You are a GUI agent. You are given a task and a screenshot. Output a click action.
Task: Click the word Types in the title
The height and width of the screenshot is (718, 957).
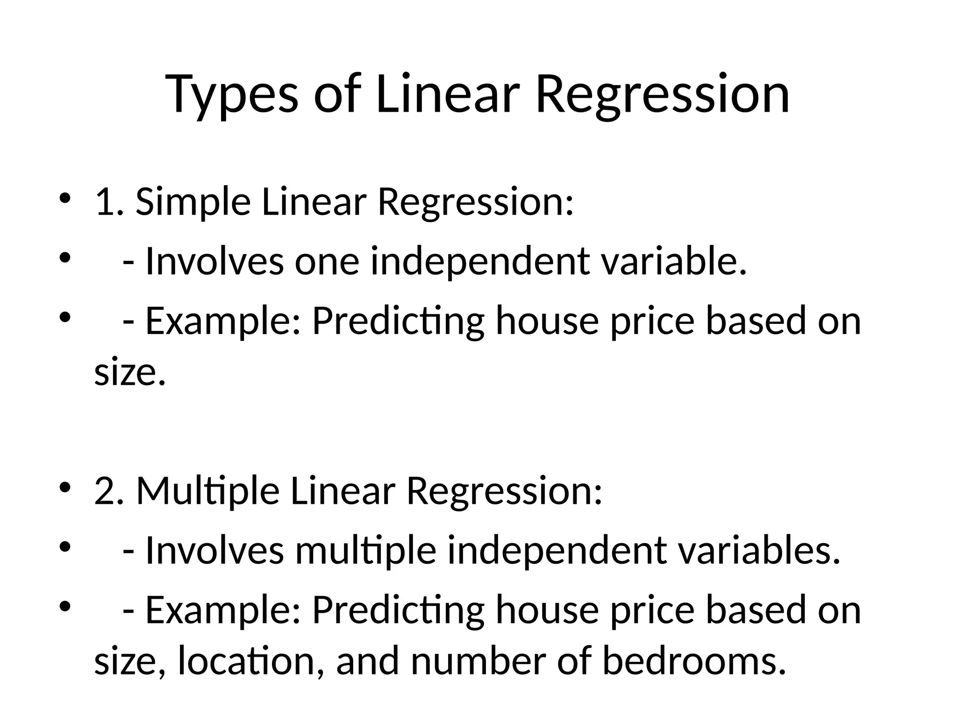click(x=232, y=95)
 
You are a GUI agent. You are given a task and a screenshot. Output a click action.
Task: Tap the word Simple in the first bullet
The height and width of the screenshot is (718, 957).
click(x=193, y=202)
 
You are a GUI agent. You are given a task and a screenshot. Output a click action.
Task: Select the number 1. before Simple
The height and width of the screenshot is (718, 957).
click(x=109, y=202)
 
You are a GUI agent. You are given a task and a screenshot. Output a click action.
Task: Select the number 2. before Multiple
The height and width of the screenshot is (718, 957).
click(x=109, y=492)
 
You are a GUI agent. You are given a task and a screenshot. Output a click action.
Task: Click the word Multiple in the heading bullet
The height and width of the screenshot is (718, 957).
click(x=208, y=492)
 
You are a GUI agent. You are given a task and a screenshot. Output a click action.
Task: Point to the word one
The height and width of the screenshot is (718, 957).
click(x=327, y=261)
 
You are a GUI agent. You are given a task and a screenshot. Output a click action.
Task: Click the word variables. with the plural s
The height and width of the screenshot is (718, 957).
click(x=759, y=551)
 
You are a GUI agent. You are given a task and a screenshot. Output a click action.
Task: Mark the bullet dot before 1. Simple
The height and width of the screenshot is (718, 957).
click(x=64, y=199)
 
